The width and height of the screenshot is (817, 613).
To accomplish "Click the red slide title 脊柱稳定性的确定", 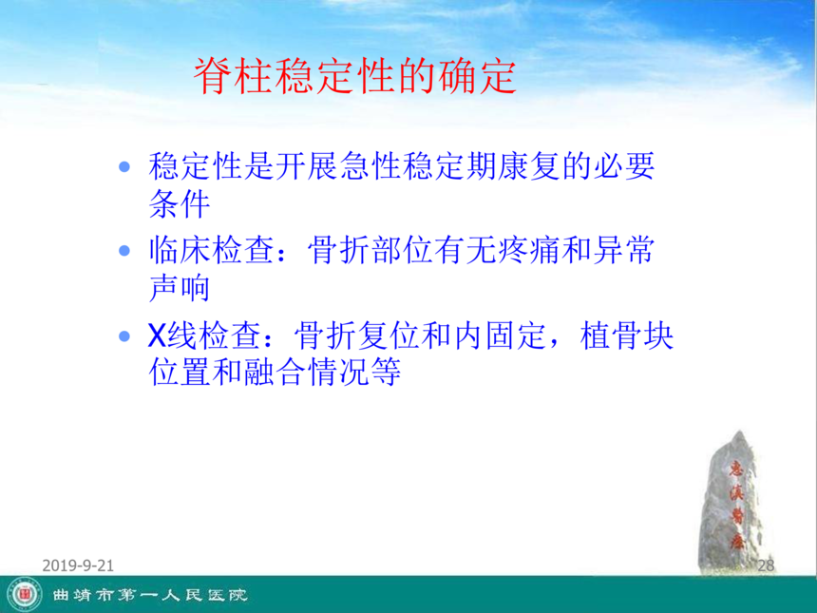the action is point(355,76).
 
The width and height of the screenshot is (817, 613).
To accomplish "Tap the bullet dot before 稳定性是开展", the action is point(124,167).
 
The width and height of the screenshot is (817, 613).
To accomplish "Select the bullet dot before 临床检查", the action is point(124,251).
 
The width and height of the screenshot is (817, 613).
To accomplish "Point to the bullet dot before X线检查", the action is point(124,335).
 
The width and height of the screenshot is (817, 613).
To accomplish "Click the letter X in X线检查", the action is point(157,335).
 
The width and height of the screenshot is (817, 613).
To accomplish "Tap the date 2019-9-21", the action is point(78,565).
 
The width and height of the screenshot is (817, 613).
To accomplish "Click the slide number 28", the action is point(766,565).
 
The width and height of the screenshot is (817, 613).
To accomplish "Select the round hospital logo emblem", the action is point(25,595).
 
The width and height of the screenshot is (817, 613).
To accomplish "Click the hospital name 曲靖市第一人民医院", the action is point(149,595).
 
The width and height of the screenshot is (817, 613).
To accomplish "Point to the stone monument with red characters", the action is point(733,503).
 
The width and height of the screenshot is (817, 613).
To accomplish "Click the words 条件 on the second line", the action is point(180,203).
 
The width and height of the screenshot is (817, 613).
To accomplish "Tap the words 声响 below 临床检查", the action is point(180,288).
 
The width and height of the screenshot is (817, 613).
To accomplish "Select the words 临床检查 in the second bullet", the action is point(211,250).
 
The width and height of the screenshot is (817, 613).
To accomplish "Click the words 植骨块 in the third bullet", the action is point(627,335).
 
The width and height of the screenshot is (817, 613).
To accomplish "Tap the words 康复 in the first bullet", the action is point(528,166).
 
